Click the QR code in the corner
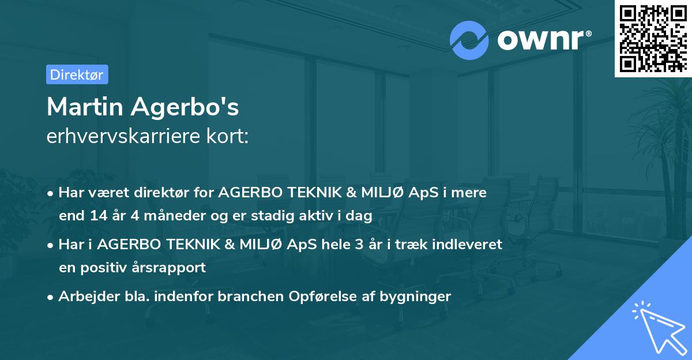(x=653, y=38)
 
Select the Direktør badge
(x=77, y=74)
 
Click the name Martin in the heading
(x=86, y=107)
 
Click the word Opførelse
(x=332, y=297)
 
